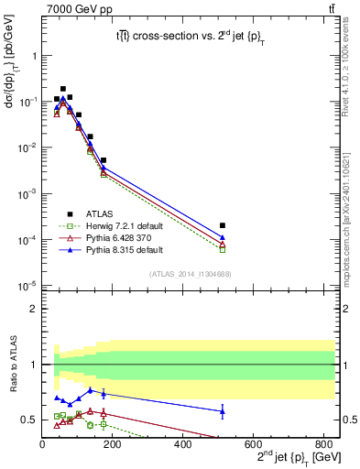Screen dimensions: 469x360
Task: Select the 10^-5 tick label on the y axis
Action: click(x=27, y=286)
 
